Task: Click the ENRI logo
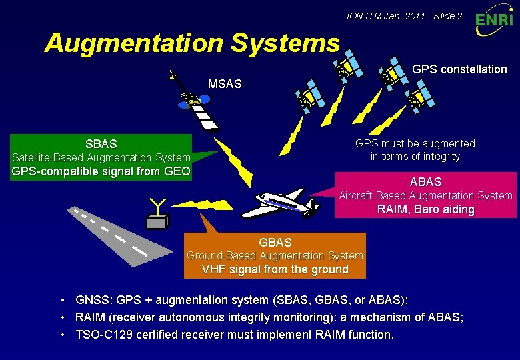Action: (x=494, y=21)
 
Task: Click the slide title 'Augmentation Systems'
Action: (x=192, y=43)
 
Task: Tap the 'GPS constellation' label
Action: (x=459, y=69)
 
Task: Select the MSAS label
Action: (x=225, y=84)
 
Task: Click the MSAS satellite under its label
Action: (x=195, y=102)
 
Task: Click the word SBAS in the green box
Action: (x=101, y=143)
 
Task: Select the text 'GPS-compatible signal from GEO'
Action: (x=101, y=171)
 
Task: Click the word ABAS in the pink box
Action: (x=425, y=181)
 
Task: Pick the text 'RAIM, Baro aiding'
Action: (x=425, y=209)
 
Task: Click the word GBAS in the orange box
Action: (x=275, y=243)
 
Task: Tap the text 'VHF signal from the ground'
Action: (x=275, y=269)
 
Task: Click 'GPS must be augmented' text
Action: (x=415, y=143)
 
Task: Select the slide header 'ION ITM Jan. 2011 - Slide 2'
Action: (x=405, y=15)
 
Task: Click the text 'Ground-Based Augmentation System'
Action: (x=275, y=256)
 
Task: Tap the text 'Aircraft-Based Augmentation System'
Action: (x=425, y=195)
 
